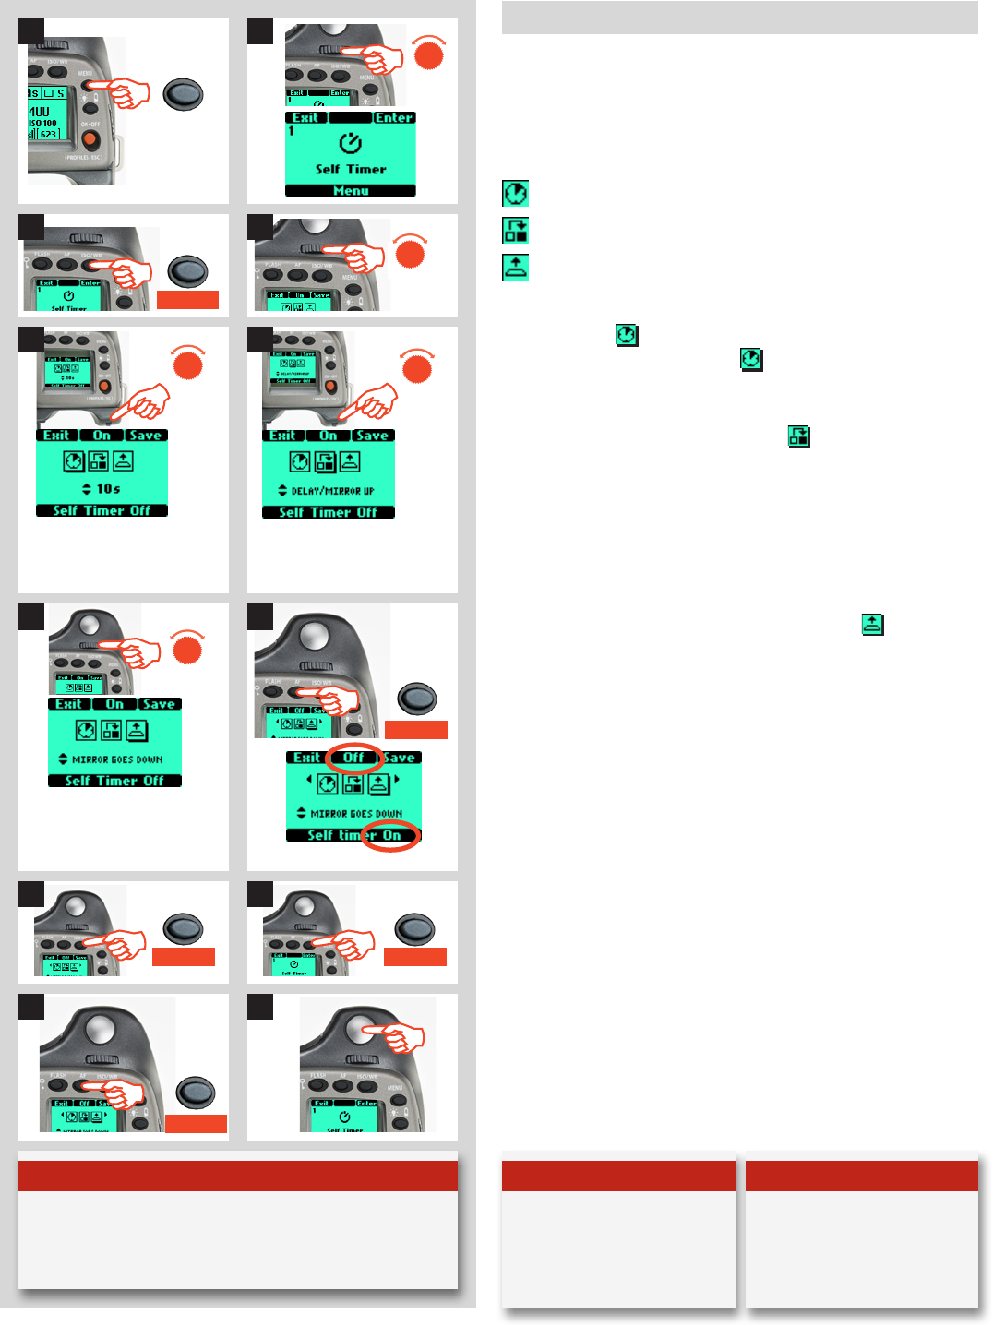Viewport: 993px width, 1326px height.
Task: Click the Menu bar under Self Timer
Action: [351, 191]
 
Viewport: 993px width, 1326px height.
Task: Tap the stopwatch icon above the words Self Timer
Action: [351, 144]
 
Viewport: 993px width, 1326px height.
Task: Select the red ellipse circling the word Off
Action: [353, 758]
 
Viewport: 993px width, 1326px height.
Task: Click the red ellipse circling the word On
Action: [391, 835]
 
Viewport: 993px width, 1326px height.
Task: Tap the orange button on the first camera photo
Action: [90, 139]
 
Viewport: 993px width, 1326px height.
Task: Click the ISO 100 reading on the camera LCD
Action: [42, 123]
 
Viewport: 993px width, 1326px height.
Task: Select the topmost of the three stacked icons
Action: [515, 193]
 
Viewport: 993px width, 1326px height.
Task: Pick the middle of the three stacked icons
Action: [515, 230]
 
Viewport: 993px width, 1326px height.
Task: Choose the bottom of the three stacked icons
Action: [515, 267]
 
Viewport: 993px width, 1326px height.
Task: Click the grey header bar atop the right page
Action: [739, 18]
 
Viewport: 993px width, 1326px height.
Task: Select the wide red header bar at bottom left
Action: [238, 1176]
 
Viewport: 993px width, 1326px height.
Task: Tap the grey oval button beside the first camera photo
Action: [183, 95]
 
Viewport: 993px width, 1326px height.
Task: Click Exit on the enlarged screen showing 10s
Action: [56, 436]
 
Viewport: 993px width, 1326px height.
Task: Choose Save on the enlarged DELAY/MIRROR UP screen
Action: [372, 436]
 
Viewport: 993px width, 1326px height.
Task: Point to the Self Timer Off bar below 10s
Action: [102, 510]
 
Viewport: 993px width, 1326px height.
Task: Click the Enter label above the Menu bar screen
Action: [394, 118]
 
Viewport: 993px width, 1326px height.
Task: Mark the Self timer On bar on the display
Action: [353, 835]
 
